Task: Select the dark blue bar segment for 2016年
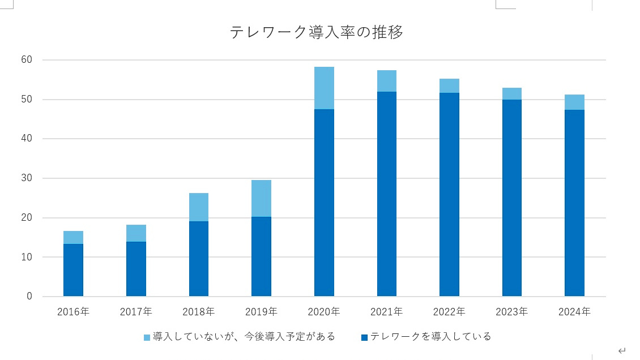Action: (73, 270)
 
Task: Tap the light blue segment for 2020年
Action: (324, 88)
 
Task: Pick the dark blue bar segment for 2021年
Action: (387, 194)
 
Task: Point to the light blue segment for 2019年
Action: (261, 198)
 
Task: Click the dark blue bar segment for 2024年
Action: (574, 203)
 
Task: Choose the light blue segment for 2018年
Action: (199, 207)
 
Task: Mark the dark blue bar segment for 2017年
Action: (136, 269)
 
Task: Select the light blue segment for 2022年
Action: (449, 86)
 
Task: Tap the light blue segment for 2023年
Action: (512, 93)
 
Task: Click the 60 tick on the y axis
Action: (27, 60)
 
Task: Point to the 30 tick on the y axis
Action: (27, 178)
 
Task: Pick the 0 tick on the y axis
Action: (29, 297)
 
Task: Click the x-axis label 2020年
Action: (324, 312)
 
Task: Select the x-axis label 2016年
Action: (73, 312)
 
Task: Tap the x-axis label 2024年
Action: (574, 312)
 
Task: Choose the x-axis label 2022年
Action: (449, 312)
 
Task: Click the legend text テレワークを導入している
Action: (430, 337)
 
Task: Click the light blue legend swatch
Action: (147, 337)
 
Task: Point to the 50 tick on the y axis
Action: (27, 100)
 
